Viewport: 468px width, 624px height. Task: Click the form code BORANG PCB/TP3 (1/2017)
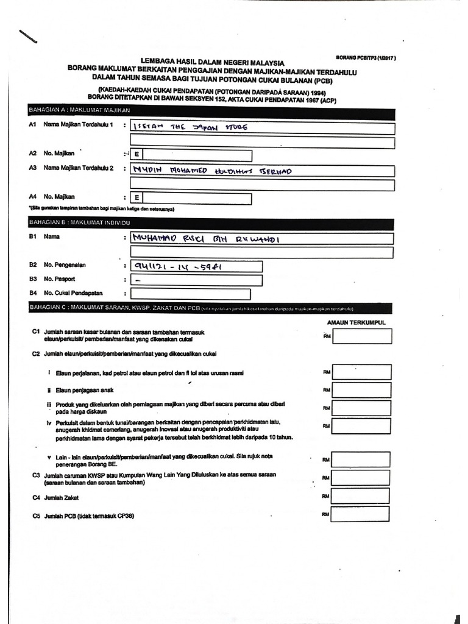click(x=366, y=58)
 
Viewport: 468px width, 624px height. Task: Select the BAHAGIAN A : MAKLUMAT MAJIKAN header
click(x=79, y=110)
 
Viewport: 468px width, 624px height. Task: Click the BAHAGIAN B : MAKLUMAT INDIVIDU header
click(x=79, y=223)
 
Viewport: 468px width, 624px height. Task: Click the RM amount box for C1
click(x=361, y=336)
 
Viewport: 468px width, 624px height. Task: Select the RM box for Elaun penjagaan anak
click(x=361, y=390)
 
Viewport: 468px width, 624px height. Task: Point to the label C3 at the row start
click(x=36, y=474)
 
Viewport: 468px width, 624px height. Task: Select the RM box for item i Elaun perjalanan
click(x=361, y=372)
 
